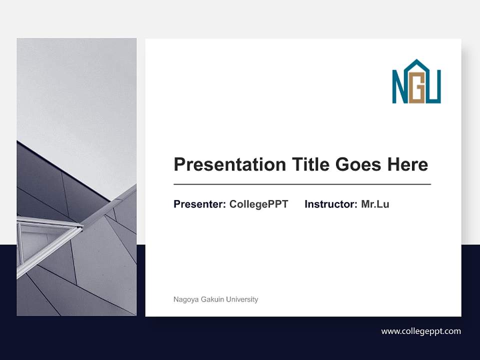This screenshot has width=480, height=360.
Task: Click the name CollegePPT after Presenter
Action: tap(258, 204)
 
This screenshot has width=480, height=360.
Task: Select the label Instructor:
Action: tap(331, 204)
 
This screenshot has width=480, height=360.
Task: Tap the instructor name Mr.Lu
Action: tap(375, 204)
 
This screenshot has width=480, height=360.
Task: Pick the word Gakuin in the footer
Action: tap(212, 299)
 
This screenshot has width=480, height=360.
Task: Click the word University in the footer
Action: tap(242, 299)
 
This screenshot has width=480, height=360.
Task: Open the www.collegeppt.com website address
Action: tap(421, 331)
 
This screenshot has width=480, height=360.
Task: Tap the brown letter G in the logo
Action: tap(417, 92)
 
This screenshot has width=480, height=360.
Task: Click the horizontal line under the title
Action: tap(302, 184)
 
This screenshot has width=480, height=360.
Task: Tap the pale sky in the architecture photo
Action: tap(75, 90)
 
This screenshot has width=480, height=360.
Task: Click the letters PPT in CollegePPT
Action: tap(278, 204)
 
